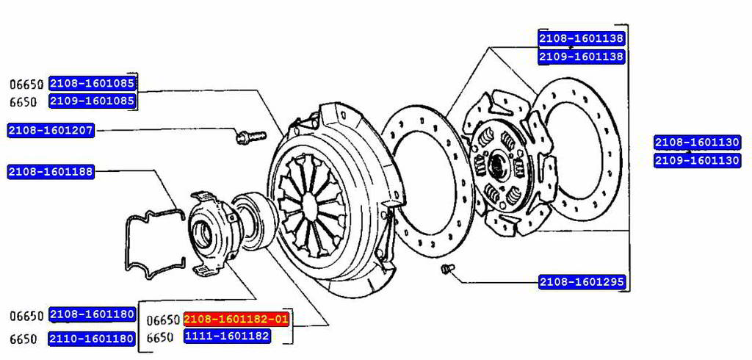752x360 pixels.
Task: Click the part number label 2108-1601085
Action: point(93,83)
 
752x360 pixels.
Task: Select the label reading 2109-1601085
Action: point(93,101)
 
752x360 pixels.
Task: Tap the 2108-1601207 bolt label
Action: point(51,130)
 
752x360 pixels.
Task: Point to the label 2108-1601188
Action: point(51,172)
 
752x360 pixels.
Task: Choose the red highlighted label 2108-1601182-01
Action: point(236,319)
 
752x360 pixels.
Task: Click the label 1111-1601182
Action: point(228,336)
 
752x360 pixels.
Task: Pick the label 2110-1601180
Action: point(92,339)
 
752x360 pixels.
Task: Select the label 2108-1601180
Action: point(92,315)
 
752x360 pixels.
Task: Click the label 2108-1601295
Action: point(582,282)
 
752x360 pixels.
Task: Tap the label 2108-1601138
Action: point(582,38)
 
